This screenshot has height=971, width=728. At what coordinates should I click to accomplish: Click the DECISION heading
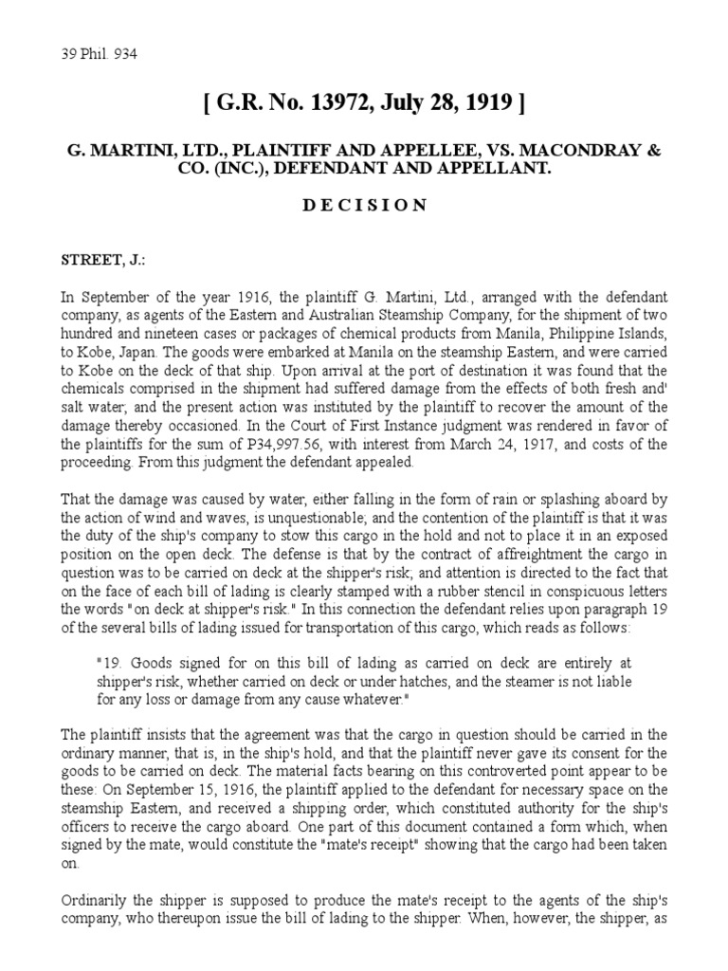364,206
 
